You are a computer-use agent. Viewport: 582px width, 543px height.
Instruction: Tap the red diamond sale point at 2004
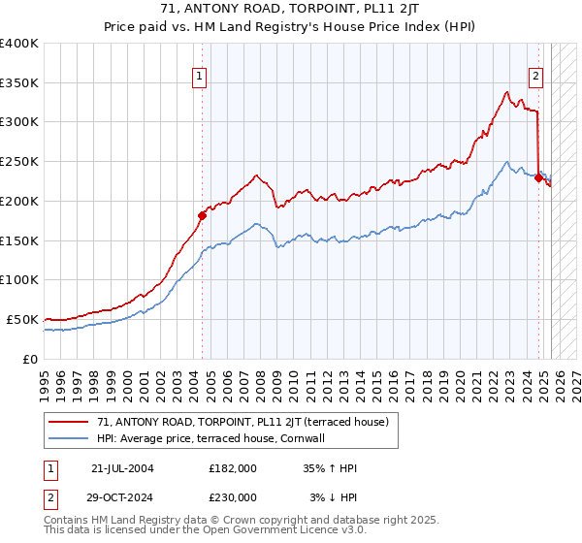202,215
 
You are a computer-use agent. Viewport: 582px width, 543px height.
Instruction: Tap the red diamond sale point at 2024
538,177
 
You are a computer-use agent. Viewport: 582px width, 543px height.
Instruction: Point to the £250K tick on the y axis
19,161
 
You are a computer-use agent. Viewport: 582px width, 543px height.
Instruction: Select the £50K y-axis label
23,319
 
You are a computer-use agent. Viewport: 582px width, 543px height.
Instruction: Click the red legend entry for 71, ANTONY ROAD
242,422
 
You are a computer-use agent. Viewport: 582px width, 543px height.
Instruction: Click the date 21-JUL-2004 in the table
122,468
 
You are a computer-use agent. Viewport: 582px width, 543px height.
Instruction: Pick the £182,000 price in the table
233,468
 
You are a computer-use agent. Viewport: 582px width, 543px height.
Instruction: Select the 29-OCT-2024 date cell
122,496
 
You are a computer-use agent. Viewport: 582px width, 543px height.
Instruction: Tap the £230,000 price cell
233,496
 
